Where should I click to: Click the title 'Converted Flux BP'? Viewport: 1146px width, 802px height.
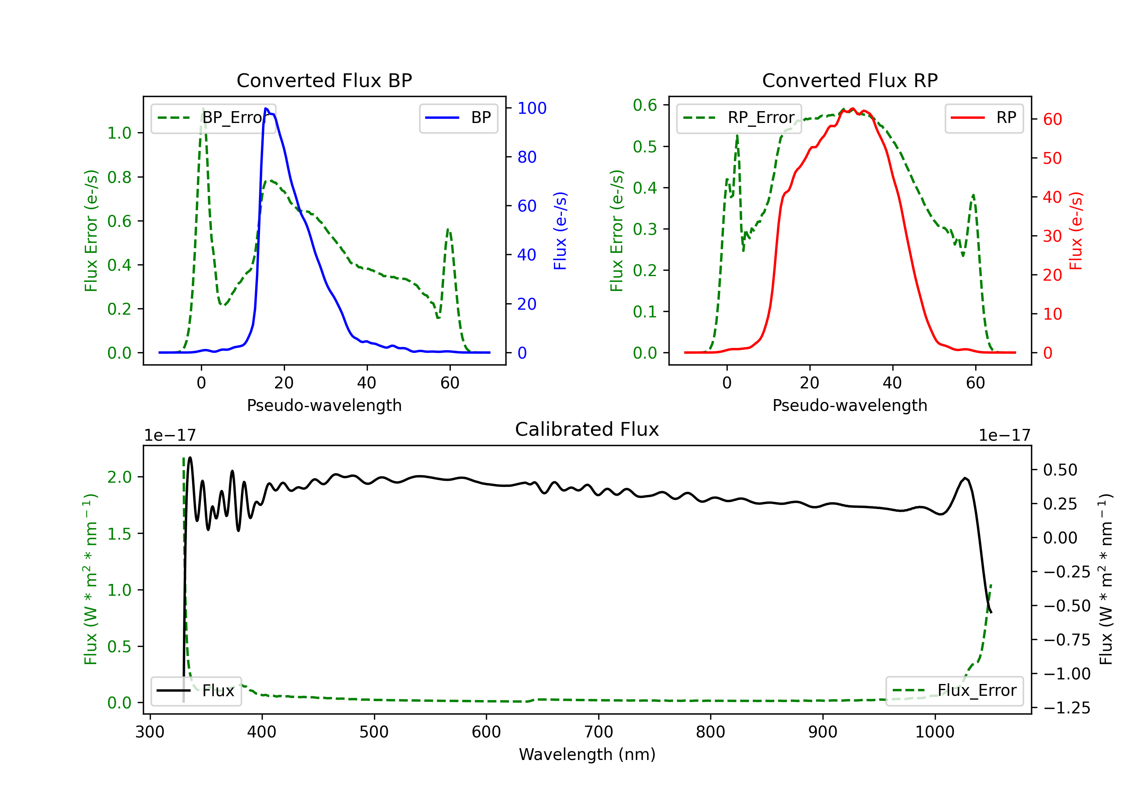(x=324, y=80)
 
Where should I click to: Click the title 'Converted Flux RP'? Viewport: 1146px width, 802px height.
(x=850, y=80)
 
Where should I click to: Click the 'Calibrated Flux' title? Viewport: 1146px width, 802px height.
(x=587, y=429)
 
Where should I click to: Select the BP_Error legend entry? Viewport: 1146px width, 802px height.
(x=213, y=118)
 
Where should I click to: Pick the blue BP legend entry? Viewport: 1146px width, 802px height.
(x=458, y=118)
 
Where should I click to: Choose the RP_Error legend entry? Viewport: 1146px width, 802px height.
(x=739, y=118)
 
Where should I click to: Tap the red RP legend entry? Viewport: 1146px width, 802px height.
(x=984, y=118)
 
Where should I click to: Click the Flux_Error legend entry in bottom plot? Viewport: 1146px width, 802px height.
(x=954, y=691)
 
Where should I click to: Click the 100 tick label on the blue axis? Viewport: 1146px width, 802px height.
(x=532, y=108)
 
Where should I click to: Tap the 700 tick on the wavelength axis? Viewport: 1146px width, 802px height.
(x=599, y=732)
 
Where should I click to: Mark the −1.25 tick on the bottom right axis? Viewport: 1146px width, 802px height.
(x=1067, y=708)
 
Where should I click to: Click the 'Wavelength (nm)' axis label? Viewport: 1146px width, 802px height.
(x=587, y=754)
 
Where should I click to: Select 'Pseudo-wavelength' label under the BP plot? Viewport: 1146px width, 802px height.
(x=324, y=405)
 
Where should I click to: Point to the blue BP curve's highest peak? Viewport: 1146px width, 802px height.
(x=266, y=108)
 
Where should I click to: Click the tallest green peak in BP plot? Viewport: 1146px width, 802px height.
(x=202, y=108)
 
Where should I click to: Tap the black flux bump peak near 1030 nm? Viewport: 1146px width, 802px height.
(x=965, y=478)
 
